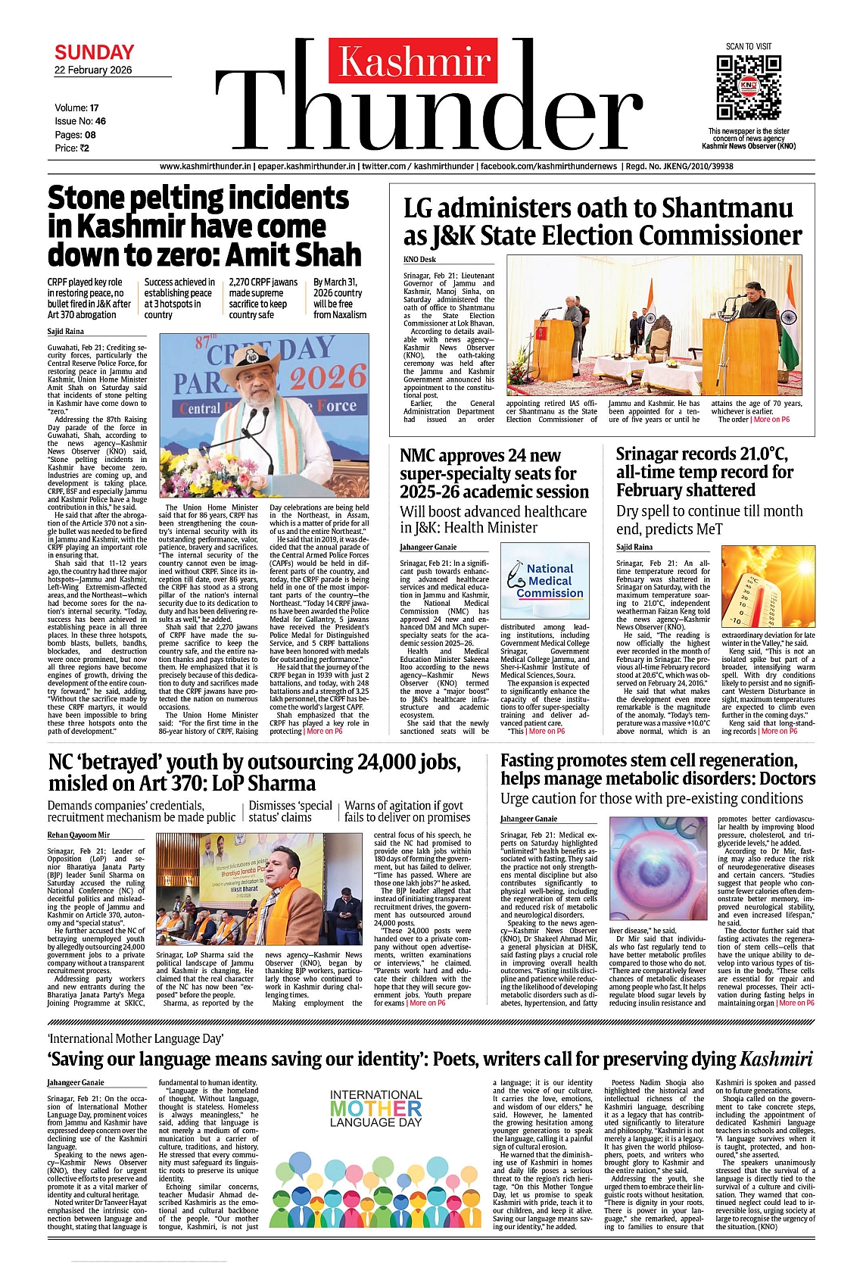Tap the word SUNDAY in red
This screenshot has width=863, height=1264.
click(94, 52)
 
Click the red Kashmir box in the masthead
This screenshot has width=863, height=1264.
click(413, 61)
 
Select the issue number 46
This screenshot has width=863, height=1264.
click(100, 121)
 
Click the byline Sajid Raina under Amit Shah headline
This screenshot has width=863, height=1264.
click(66, 332)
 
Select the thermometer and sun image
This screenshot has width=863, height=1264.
click(768, 585)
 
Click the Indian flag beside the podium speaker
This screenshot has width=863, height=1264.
click(788, 327)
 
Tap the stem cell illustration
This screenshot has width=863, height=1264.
click(658, 869)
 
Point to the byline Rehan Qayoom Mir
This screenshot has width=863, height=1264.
click(78, 835)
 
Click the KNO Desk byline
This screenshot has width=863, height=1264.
click(419, 260)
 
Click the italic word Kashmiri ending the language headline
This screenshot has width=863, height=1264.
click(776, 1059)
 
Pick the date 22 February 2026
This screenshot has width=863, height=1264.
click(92, 70)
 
